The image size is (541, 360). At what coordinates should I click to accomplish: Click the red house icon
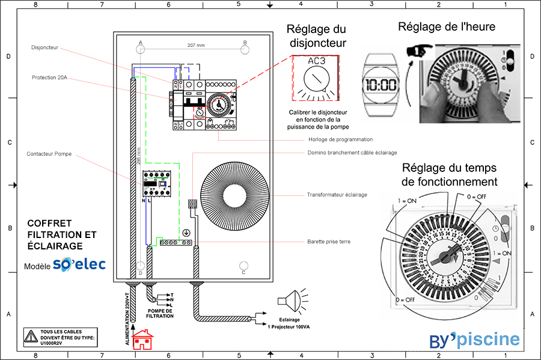pos(143,340)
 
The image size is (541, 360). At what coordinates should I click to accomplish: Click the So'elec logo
pos(79,264)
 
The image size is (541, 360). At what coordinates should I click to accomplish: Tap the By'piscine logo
pos(474,340)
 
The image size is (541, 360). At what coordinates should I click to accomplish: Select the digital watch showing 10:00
pos(382,85)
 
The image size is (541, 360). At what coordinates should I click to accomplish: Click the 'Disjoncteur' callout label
pos(45,47)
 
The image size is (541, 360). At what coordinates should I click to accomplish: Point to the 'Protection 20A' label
pos(49,78)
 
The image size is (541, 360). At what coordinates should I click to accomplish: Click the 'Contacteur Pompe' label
pos(49,154)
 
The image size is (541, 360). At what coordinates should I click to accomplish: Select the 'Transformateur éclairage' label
pos(337,195)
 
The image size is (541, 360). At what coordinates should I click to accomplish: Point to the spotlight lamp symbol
pos(288,301)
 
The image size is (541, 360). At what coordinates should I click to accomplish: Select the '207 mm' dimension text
pos(196,46)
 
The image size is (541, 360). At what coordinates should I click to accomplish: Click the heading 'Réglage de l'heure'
pos(446,27)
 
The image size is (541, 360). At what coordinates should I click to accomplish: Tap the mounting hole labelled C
pos(244,266)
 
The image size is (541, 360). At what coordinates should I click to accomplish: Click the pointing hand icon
pos(416,51)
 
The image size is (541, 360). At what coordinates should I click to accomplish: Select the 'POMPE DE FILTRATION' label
pos(160,313)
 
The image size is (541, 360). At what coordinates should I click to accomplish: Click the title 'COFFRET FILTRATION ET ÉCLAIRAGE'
pos(61,234)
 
